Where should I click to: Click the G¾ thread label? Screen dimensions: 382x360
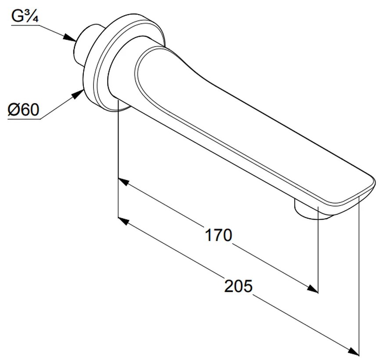(x=25, y=17)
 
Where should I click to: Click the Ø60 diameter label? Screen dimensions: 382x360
(x=23, y=110)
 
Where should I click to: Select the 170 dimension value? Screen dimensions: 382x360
(x=219, y=235)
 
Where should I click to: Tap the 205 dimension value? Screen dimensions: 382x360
(x=238, y=286)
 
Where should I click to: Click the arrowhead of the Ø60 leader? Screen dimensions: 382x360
(x=77, y=94)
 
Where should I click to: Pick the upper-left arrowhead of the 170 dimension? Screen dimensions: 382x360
(x=123, y=182)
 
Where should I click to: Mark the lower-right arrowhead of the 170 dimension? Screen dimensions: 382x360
(x=312, y=288)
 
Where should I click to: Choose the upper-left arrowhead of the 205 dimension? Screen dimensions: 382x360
(x=123, y=221)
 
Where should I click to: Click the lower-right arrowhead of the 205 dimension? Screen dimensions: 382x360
(x=353, y=351)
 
